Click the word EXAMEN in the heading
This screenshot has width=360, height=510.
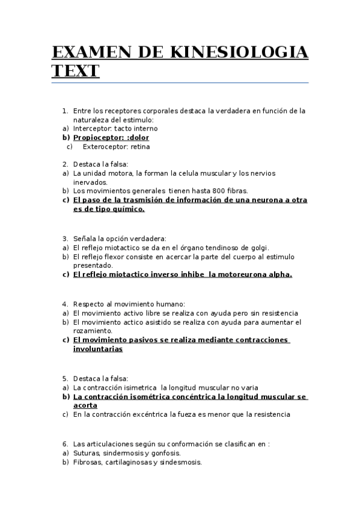point(85,52)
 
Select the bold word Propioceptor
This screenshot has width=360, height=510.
point(95,138)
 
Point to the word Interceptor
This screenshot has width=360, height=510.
point(91,129)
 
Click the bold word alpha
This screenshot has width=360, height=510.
point(278,274)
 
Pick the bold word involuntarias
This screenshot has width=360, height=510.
point(98,349)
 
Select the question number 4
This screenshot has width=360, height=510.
point(65,304)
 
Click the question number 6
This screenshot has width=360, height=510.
point(65,444)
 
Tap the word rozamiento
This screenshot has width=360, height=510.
point(92,331)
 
